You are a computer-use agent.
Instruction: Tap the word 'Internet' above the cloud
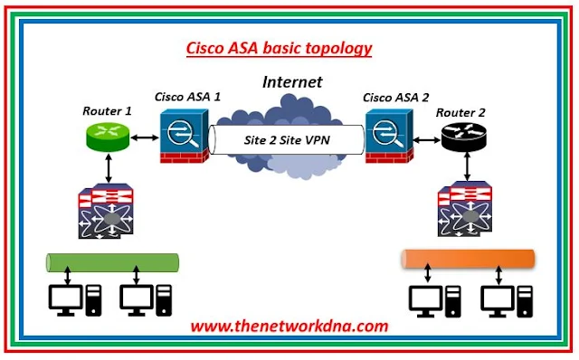point(291,81)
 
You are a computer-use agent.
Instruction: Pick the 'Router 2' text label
point(461,113)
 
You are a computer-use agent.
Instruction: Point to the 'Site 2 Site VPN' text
point(286,139)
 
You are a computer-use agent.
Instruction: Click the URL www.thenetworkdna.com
point(289,326)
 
